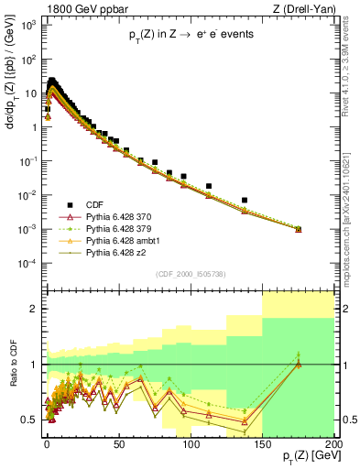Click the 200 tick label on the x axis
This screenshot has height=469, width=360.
(x=333, y=444)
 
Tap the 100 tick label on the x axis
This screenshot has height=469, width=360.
(x=191, y=444)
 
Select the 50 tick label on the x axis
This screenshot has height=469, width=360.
(x=118, y=444)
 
